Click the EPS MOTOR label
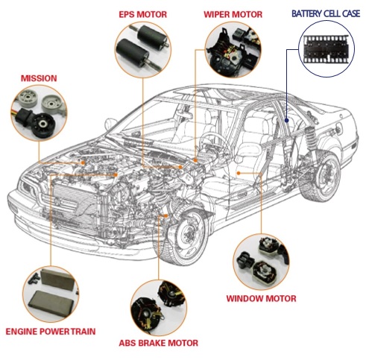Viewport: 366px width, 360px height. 142,14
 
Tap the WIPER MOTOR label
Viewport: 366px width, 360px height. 233,14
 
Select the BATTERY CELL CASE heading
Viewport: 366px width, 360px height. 326,13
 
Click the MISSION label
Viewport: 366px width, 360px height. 39,78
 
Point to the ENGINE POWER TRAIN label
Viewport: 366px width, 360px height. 51,332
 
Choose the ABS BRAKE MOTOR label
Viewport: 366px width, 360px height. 159,343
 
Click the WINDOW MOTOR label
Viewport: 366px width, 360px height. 261,298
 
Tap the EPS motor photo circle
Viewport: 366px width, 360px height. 143,49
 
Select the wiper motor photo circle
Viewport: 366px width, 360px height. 233,49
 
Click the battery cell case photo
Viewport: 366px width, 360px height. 326,48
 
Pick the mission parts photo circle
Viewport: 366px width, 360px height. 39,113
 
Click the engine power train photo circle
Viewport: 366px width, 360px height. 51,294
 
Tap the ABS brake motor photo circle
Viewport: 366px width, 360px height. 158,308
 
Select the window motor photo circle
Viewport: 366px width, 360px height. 261,262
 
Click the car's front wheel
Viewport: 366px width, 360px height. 189,236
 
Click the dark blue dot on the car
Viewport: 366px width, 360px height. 286,120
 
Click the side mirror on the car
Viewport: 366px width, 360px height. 110,124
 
